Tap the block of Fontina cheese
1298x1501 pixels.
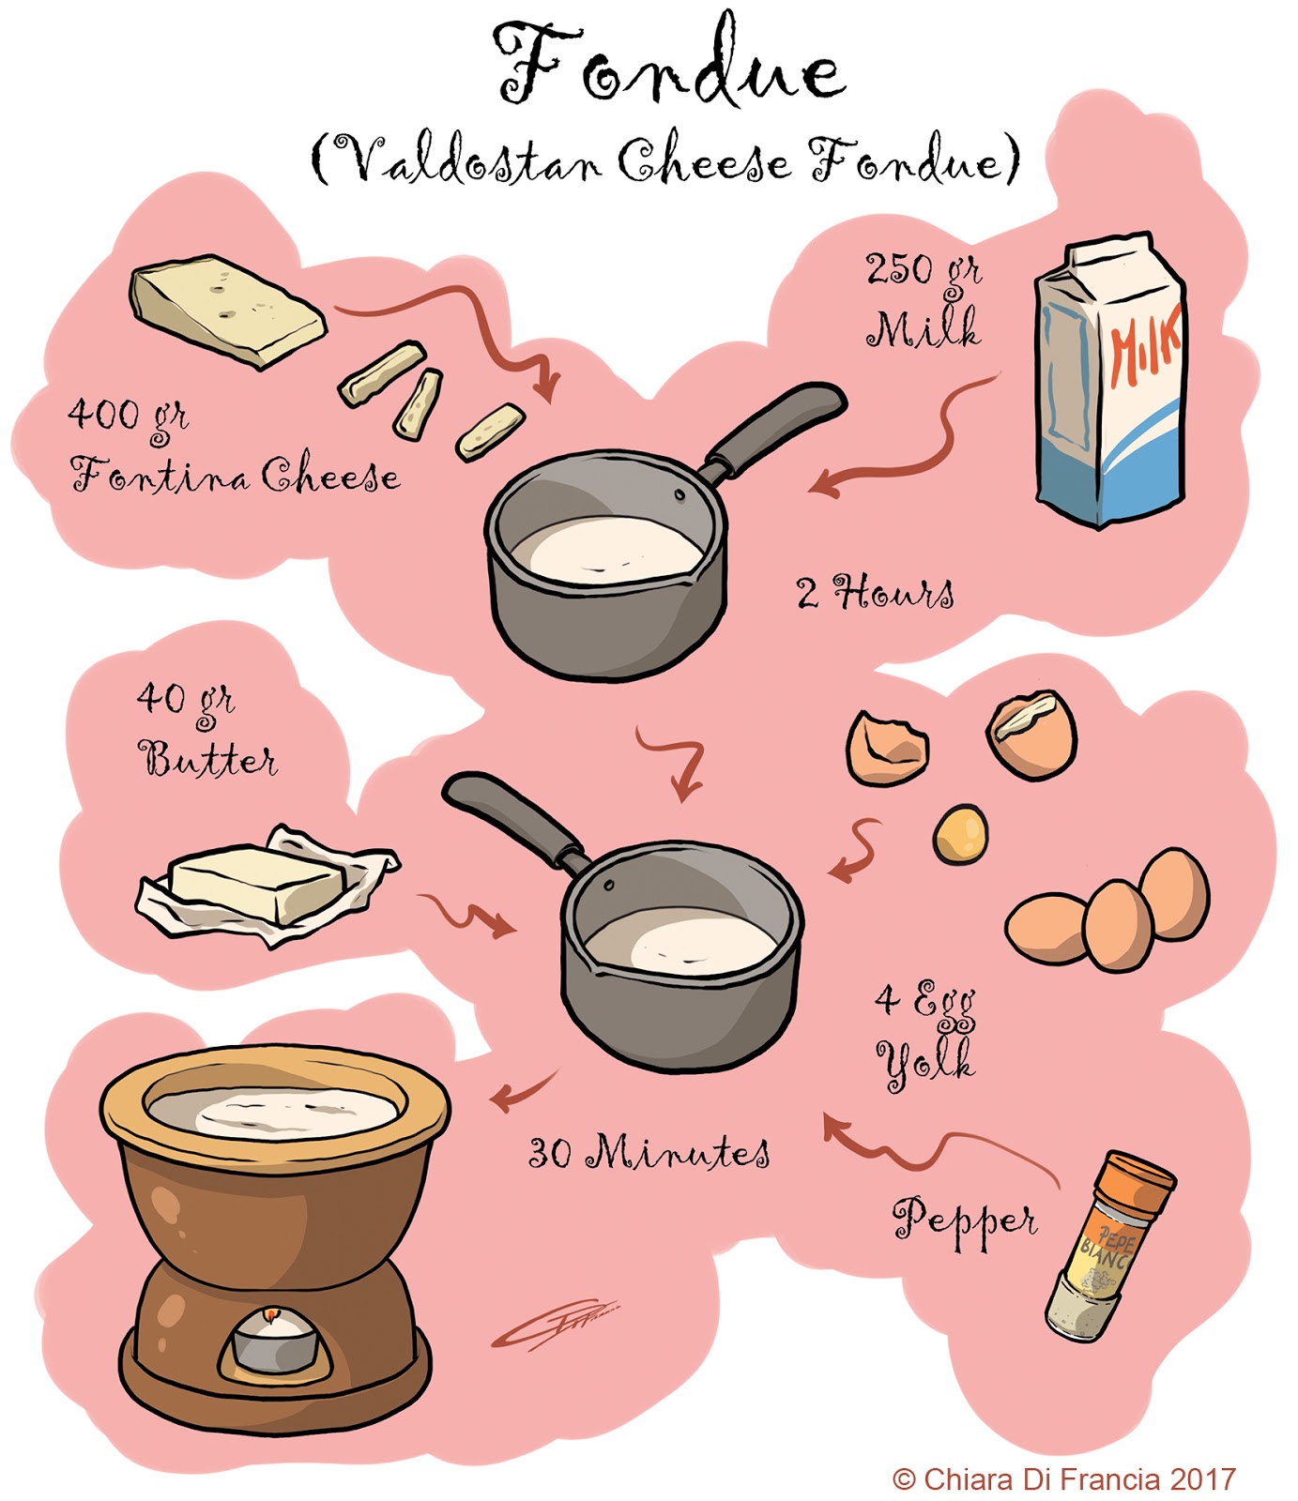pyautogui.click(x=227, y=310)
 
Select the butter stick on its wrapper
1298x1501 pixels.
pyautogui.click(x=258, y=882)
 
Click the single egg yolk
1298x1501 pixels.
pyautogui.click(x=960, y=834)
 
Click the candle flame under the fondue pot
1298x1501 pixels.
pyautogui.click(x=272, y=1317)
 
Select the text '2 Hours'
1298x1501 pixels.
pyautogui.click(x=875, y=593)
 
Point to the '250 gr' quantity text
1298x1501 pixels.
pyautogui.click(x=923, y=271)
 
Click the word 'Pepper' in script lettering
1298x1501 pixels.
pyautogui.click(x=965, y=1221)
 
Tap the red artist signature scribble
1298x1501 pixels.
pyautogui.click(x=554, y=1325)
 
